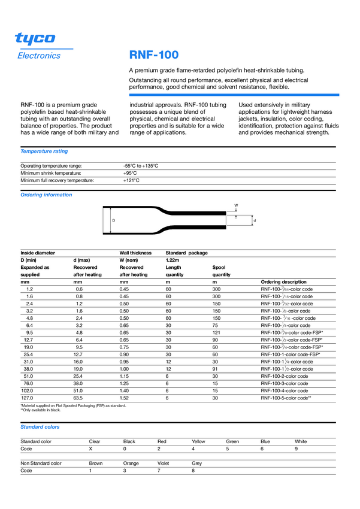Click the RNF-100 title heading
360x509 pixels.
click(x=153, y=55)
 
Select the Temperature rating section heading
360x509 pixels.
click(x=44, y=152)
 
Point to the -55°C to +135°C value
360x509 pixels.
click(x=140, y=165)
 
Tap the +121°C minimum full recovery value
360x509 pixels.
click(x=131, y=180)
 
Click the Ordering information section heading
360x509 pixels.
click(x=46, y=195)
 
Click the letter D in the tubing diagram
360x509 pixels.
click(x=113, y=220)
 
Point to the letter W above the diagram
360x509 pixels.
click(x=236, y=205)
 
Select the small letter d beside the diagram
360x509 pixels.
click(x=255, y=221)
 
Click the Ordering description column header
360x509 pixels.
click(x=283, y=281)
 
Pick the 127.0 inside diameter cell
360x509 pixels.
click(x=26, y=398)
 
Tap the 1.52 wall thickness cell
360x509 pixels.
click(x=124, y=398)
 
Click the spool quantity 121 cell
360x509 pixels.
click(x=216, y=332)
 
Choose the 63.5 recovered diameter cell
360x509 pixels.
click(x=78, y=398)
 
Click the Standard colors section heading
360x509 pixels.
click(x=40, y=427)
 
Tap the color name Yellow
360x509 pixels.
click(x=198, y=441)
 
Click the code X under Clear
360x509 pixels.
click(x=90, y=449)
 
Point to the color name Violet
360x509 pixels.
click(x=163, y=463)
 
